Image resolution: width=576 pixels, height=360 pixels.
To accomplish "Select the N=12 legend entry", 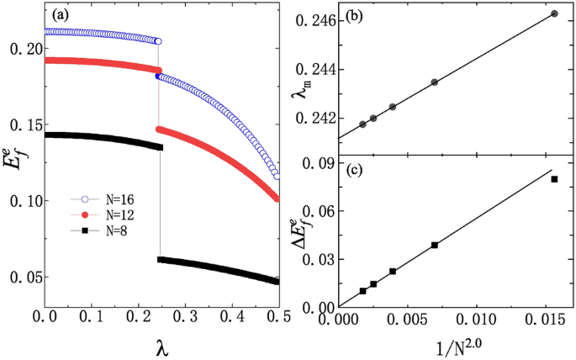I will (103, 215).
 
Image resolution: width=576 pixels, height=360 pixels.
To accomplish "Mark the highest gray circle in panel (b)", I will (554, 13).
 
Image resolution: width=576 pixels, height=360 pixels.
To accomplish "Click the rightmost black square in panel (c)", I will (554, 179).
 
